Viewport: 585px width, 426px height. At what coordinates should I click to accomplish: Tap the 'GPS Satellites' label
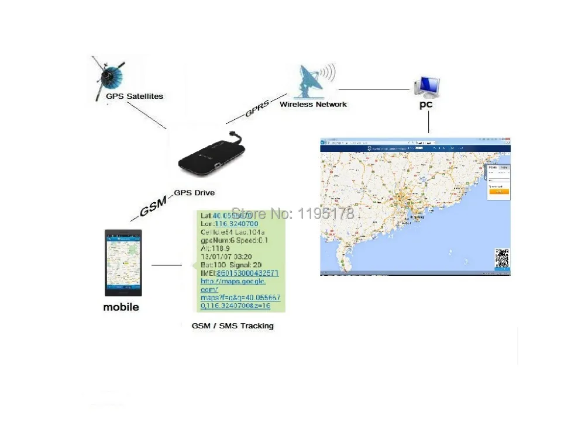134,96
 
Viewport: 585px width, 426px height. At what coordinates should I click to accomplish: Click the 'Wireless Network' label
313,105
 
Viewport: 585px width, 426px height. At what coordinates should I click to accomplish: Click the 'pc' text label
425,105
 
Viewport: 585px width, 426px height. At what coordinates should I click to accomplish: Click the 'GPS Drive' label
194,193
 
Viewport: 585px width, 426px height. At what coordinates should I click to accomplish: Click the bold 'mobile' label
121,307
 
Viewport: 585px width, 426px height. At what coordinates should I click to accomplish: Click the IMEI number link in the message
247,273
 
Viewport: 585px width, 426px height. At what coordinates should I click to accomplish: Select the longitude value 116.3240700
236,224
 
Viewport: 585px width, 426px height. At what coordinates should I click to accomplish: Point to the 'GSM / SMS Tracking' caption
232,325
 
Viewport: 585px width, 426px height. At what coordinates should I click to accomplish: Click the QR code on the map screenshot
501,258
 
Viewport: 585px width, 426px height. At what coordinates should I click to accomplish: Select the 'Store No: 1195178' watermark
292,213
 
